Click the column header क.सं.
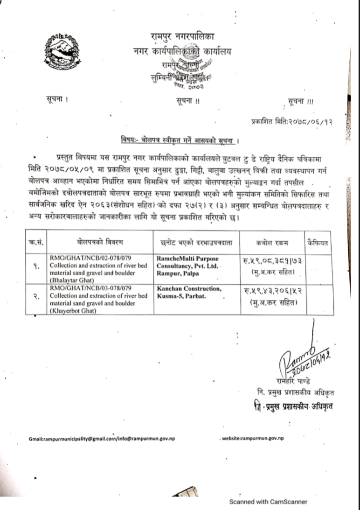pos(35,242)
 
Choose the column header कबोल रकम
pos(272,242)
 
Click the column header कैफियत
pos(318,242)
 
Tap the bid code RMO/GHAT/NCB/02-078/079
pos(81,258)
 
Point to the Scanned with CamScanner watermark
pos(268,502)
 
